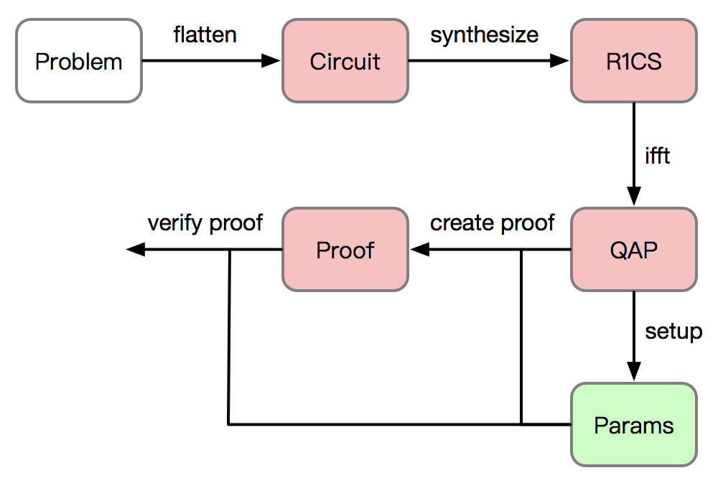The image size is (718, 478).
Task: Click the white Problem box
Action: coord(79,60)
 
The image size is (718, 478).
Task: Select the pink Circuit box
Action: coord(345,60)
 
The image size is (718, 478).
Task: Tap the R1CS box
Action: coord(634,60)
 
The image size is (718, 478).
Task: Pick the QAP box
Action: coord(634,250)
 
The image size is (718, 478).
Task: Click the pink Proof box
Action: coord(345,250)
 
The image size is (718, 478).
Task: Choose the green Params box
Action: coord(634,424)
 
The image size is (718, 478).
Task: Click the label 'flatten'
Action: coord(205,34)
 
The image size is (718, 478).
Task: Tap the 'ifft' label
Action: coord(657,156)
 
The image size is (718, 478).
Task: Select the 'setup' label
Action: coord(673,332)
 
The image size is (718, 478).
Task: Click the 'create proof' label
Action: coord(493,223)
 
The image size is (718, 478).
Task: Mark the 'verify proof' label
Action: coord(205,223)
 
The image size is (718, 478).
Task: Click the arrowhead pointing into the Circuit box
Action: coord(271,60)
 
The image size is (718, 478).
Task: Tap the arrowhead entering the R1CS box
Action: coord(559,60)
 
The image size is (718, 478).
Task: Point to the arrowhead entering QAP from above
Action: coord(634,197)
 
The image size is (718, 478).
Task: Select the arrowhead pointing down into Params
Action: coord(634,371)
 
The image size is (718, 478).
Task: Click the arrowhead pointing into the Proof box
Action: coord(420,250)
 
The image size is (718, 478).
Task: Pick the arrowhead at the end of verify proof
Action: coord(136,250)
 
